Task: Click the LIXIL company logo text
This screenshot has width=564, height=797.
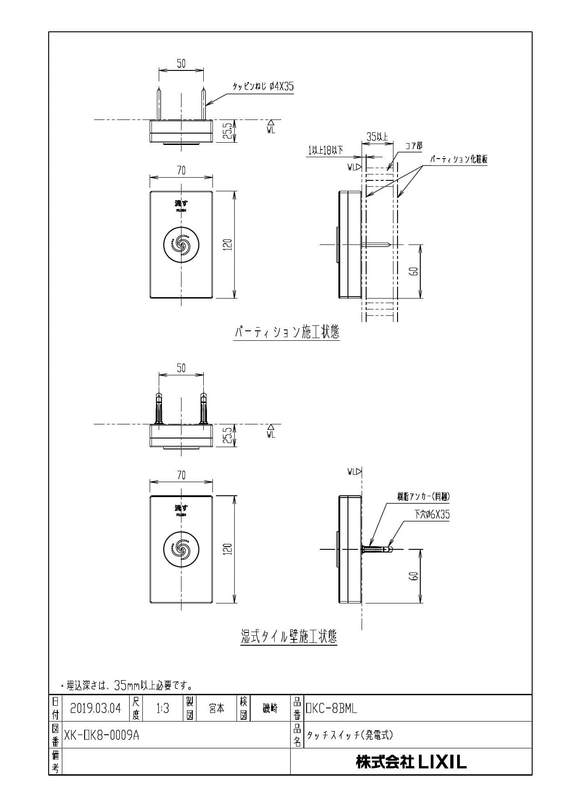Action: coord(411,762)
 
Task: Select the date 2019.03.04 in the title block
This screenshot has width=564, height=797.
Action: coord(96,708)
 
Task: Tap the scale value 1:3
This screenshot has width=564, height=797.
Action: coord(162,708)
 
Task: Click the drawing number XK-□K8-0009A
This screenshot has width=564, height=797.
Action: coord(102,735)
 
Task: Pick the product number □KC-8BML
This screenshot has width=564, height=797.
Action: coord(331,708)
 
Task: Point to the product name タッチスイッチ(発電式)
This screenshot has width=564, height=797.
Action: coord(349,735)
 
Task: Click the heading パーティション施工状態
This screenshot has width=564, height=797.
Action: coord(287,333)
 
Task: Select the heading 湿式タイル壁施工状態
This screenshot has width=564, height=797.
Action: coord(289,636)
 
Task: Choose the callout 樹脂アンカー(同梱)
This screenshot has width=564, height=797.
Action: coord(423,497)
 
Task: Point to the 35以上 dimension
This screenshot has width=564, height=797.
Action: coord(377,136)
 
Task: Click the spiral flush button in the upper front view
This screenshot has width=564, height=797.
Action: coord(181,244)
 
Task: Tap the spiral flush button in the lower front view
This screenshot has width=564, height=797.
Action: coord(181,549)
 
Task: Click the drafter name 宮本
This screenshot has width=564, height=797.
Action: coord(216,708)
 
